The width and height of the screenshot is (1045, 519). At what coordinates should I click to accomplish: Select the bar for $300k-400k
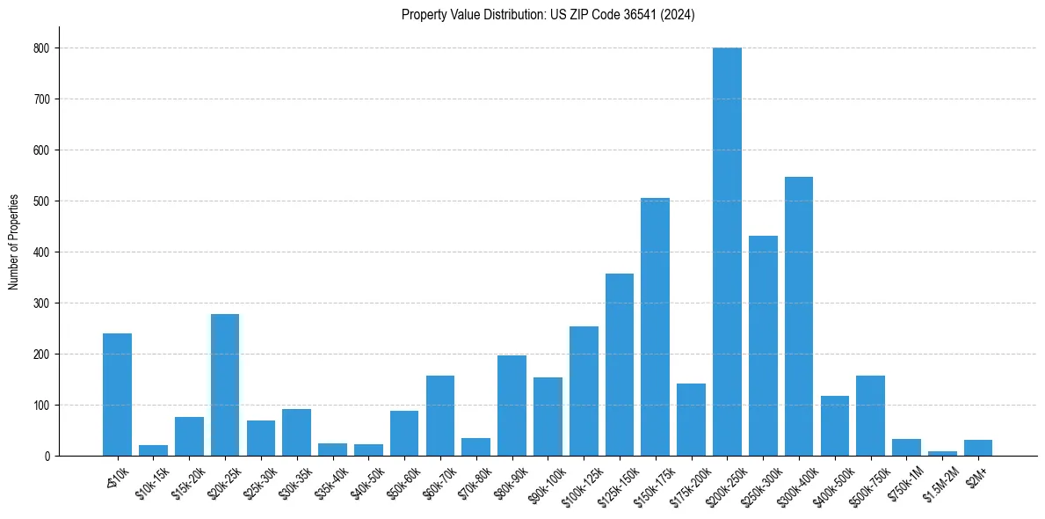799,317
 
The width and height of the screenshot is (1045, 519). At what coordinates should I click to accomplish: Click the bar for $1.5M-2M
942,453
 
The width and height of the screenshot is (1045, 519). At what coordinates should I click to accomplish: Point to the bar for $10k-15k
153,450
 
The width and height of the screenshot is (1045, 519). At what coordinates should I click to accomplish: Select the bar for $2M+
978,448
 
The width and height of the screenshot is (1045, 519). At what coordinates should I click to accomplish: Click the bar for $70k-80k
475,447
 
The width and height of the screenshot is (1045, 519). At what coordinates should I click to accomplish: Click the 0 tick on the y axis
47,457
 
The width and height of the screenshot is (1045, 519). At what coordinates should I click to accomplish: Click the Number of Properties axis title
13,242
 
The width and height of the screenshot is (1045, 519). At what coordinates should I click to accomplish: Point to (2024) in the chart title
679,15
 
